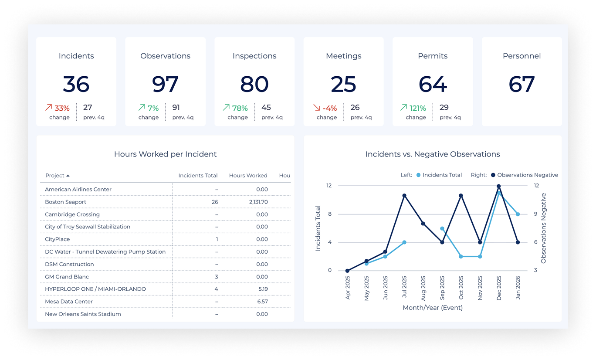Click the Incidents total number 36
pos(76,84)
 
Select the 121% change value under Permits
pos(417,108)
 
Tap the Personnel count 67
pos(521,84)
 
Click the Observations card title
pos(165,56)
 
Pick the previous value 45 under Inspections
pos(266,107)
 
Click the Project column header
pos(55,176)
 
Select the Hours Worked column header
pos(248,176)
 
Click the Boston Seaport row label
pos(66,202)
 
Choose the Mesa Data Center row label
pos(69,302)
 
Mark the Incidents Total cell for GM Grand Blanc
pos(217,277)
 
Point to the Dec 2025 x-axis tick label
pos(499,288)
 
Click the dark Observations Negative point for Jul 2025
pos(404,196)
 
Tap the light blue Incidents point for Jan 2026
pos(518,214)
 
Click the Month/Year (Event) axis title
pos(433,308)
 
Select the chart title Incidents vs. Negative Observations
pos(433,154)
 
